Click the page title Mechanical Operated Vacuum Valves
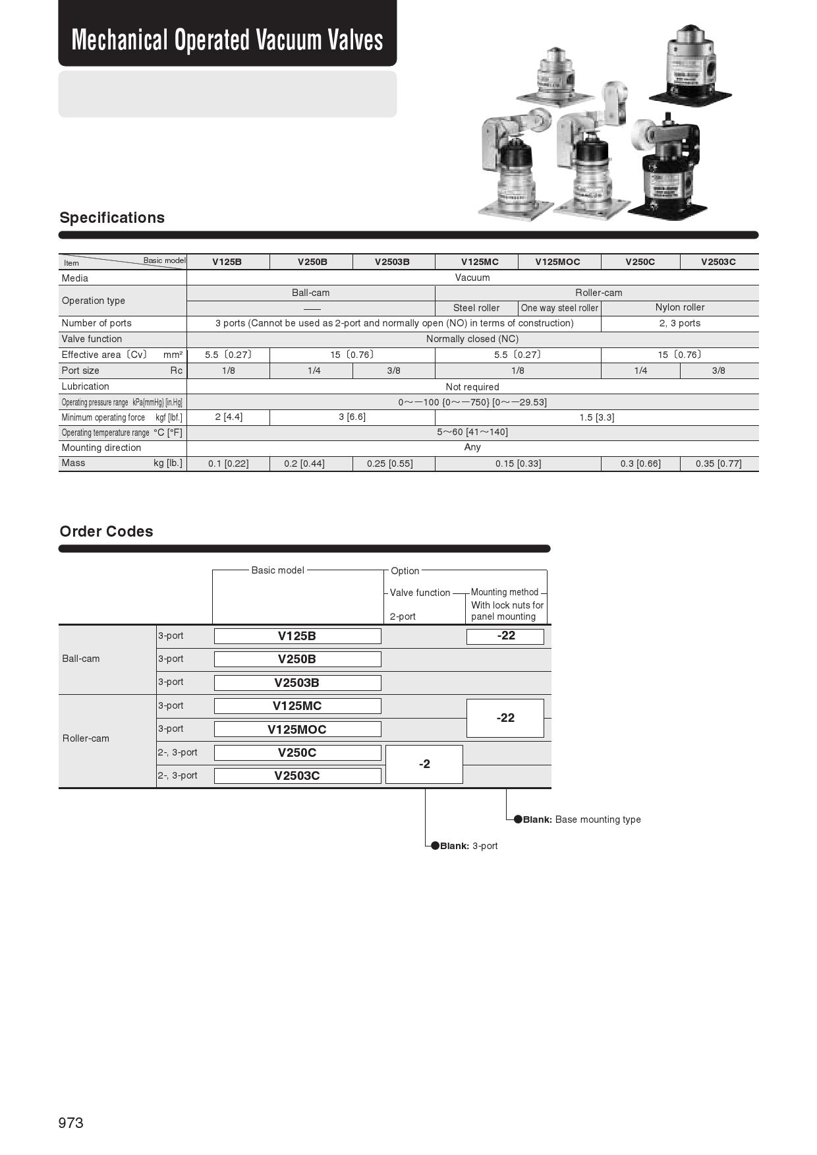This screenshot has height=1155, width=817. pos(227,40)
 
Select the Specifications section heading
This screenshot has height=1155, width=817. pos(112,218)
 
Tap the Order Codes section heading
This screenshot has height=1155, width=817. pos(106,531)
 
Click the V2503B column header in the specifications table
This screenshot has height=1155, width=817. pos(392,262)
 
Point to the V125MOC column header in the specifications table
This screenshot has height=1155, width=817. pos(557,262)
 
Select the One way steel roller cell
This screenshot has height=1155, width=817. pos(559,308)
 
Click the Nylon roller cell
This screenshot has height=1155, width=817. pos(679,307)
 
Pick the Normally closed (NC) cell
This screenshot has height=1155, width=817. pos(472,339)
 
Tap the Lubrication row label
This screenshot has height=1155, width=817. pos(86,386)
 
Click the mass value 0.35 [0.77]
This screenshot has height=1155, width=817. pos(718,463)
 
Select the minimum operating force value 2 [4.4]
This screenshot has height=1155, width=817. pos(229,417)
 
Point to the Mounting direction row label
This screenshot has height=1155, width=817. pos(101,448)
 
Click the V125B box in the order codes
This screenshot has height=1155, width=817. pos(297,636)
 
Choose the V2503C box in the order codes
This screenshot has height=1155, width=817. pos(297,776)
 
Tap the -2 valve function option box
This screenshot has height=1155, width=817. pos(424,764)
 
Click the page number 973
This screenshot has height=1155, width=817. pos(71,1123)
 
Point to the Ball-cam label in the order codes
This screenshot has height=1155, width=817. pos(81,659)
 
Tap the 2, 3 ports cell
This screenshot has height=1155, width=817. pos(679,323)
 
